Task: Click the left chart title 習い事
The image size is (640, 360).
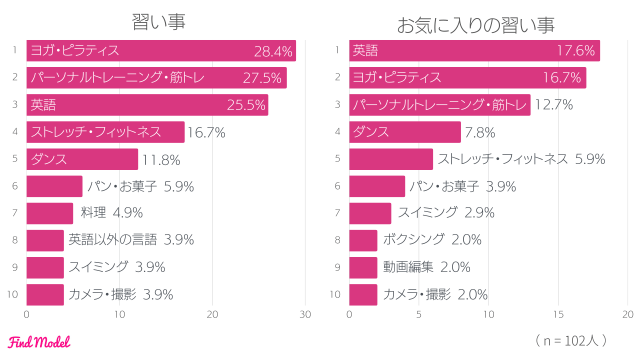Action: click(x=158, y=22)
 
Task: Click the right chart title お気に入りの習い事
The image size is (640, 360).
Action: click(x=475, y=25)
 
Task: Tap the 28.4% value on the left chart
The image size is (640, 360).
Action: click(x=273, y=51)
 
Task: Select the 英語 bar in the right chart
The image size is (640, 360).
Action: click(x=474, y=51)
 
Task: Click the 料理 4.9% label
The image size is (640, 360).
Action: click(x=112, y=213)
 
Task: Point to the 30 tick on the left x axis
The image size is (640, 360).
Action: click(x=305, y=314)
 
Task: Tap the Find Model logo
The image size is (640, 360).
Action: click(x=39, y=342)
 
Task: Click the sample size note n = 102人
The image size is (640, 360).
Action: click(x=570, y=340)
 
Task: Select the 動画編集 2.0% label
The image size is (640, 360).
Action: click(x=426, y=267)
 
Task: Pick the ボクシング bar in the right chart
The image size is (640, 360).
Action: click(x=363, y=240)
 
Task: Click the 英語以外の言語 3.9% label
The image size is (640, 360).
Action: click(x=131, y=240)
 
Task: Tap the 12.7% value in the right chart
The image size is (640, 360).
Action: click(x=554, y=105)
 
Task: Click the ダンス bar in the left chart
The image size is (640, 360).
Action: click(x=82, y=159)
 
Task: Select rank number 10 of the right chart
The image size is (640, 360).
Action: click(x=335, y=294)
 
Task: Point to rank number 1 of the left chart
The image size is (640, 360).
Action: click(x=15, y=50)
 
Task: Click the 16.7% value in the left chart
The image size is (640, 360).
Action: click(x=206, y=132)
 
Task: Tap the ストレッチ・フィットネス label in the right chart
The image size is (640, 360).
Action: click(x=502, y=159)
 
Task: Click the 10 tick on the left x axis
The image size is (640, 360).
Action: click(x=119, y=314)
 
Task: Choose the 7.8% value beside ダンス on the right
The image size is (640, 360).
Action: click(x=480, y=132)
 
